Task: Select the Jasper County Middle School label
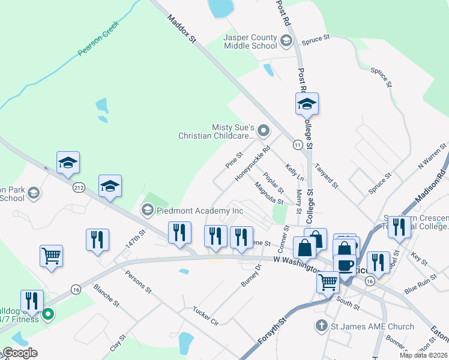tap(250, 41)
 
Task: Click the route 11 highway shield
tap(297, 145)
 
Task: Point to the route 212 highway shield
tap(79, 188)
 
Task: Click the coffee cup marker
tap(345, 265)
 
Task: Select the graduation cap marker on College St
tap(307, 104)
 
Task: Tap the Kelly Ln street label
tap(295, 173)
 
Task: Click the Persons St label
tap(137, 283)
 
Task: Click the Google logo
tap(20, 353)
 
